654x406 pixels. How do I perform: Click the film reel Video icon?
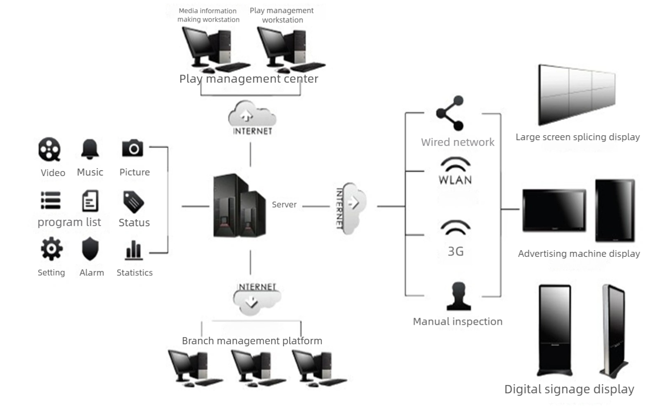click(49, 149)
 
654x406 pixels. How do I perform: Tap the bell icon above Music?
click(90, 149)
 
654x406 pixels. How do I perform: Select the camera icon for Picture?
click(133, 148)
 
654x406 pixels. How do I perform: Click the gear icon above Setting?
click(51, 248)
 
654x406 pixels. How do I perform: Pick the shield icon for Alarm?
click(90, 249)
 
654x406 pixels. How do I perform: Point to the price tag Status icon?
click(133, 201)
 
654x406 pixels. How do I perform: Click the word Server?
click(284, 205)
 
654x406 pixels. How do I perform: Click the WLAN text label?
click(455, 180)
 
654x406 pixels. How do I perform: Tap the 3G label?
click(456, 251)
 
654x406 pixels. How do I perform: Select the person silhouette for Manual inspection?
click(458, 296)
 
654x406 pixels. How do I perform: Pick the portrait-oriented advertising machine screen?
click(615, 210)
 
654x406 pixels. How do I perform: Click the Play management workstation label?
click(282, 15)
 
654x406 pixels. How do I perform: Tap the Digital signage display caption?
click(569, 389)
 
